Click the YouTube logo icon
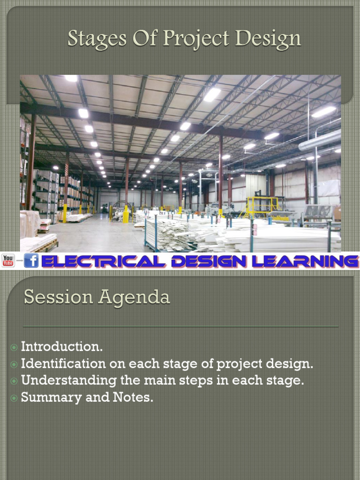pyautogui.click(x=8, y=261)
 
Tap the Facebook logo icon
pyautogui.click(x=31, y=261)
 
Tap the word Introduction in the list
pyautogui.click(x=61, y=347)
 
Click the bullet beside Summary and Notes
pyautogui.click(x=14, y=398)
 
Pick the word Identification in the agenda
pyautogui.click(x=63, y=364)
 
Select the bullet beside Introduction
pyautogui.click(x=14, y=347)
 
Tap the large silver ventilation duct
pyautogui.click(x=321, y=140)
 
